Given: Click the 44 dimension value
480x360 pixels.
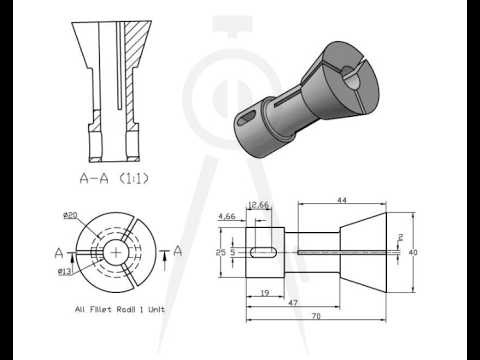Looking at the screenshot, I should coord(342,201).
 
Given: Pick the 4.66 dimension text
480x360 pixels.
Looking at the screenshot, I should coord(227,215).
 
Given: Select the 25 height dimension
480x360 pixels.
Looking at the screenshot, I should coord(222,253).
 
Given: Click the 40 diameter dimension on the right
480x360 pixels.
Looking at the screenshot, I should coord(413,253).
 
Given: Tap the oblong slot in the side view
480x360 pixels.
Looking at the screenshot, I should coord(265,253).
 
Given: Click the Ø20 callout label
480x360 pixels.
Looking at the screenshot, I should coord(70,215).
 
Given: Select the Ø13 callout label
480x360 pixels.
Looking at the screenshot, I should coord(64,271).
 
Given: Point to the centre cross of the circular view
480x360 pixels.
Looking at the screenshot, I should coord(117,252).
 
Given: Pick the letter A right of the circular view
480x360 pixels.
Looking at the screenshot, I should coord(177,252).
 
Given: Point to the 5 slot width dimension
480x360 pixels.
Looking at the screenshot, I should coord(232,253).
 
